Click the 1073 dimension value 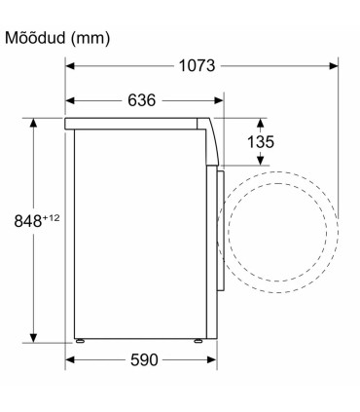point(197,66)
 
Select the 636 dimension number point(142,100)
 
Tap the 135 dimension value point(261,142)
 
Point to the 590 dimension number point(144,359)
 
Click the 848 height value point(28,221)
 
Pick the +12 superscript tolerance point(52,218)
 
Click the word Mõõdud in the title point(35,38)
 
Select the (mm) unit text point(90,39)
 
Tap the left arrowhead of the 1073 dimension point(70,66)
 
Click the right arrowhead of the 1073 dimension point(334,66)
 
